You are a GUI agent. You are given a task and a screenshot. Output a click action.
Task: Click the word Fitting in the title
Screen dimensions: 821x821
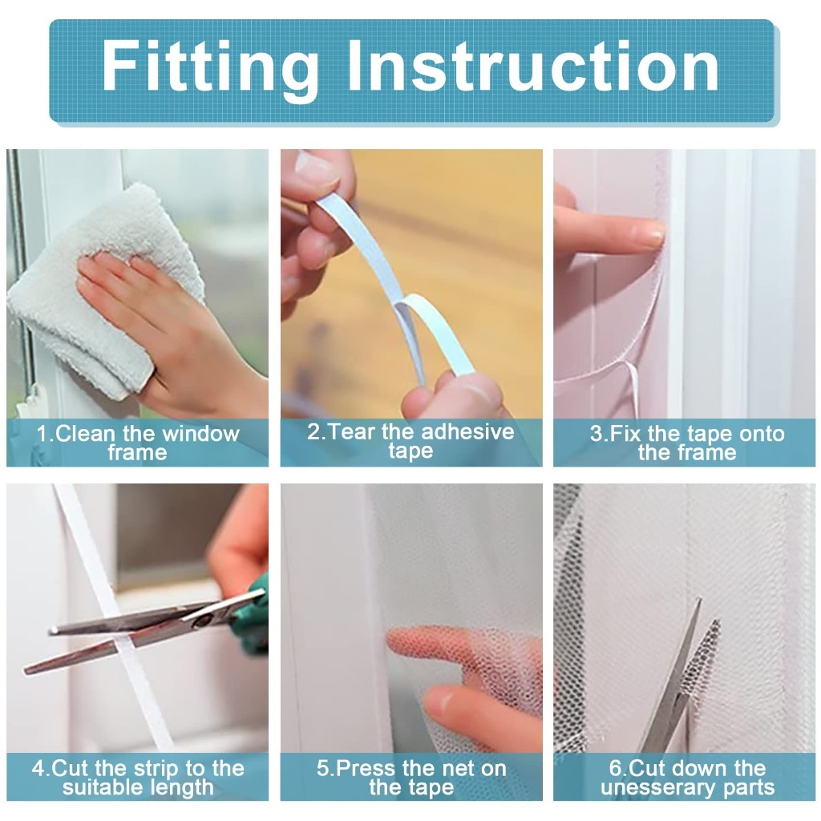click(x=209, y=68)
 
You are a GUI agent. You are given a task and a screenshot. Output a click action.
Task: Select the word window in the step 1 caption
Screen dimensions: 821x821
click(x=201, y=434)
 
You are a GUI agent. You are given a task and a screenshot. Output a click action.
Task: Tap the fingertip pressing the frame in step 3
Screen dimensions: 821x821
click(x=651, y=234)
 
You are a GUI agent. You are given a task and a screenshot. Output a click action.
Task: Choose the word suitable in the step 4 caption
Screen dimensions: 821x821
click(x=99, y=787)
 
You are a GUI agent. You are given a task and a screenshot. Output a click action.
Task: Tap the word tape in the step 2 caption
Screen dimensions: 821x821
click(x=411, y=451)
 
